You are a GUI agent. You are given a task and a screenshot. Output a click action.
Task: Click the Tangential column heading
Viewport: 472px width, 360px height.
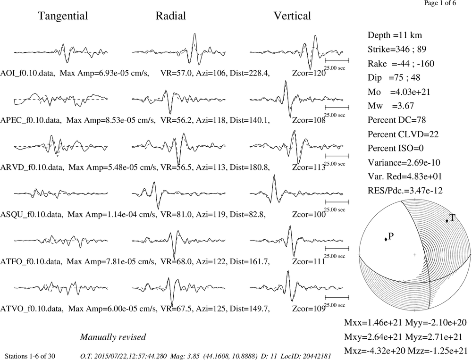coord(63,16)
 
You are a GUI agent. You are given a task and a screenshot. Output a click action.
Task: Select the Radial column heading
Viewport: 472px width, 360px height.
coord(171,16)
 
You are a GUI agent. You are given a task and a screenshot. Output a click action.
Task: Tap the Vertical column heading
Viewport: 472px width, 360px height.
coord(292,16)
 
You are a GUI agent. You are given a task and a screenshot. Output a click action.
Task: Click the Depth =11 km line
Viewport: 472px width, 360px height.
coord(395,35)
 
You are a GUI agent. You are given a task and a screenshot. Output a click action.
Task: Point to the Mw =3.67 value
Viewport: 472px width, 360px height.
coord(391,106)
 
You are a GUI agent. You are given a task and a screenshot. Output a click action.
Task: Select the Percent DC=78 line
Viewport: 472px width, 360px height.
coord(397,120)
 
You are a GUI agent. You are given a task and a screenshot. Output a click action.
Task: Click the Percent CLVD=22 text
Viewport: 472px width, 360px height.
coord(403,134)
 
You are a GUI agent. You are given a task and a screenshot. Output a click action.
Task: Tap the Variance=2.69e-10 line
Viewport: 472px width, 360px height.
coord(404,162)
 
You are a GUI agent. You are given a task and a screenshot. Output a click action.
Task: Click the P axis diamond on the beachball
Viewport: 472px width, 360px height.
coord(386,239)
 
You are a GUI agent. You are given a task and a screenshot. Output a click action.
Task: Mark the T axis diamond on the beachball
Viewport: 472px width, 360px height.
coord(447,221)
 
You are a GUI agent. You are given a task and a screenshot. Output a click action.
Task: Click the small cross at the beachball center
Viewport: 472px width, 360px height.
coord(414,255)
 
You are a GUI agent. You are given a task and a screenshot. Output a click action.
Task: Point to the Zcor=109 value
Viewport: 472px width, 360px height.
coord(309,309)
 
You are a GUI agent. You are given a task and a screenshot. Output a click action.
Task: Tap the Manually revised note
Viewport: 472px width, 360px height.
coord(113,337)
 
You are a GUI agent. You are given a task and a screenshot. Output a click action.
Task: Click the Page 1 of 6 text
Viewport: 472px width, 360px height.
coord(440,3)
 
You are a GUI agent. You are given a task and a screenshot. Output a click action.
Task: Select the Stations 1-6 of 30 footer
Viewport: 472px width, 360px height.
coord(30,356)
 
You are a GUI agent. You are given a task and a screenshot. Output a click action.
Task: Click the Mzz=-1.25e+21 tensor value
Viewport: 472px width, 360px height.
coord(438,351)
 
